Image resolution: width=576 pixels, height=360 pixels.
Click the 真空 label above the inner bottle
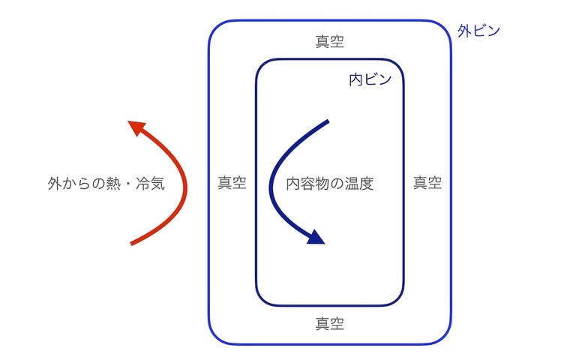point(330,40)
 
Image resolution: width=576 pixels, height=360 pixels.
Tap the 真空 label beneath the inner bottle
point(330,324)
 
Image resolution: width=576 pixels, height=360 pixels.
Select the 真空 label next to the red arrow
point(232,183)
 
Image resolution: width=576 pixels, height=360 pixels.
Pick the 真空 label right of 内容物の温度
point(427,183)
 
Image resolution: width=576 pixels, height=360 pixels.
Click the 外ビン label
point(478,31)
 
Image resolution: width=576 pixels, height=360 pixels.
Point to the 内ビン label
point(370,79)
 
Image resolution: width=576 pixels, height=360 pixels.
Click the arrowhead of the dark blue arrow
point(316,238)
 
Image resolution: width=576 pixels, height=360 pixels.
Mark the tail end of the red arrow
point(132,243)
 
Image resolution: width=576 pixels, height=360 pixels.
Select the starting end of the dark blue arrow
point(328,121)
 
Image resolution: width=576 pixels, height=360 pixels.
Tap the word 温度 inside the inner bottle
point(358,183)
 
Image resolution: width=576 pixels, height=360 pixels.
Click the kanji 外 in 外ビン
point(464,31)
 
